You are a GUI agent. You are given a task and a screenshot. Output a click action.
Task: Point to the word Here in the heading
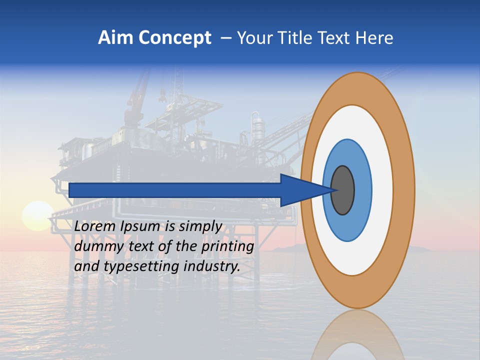(373, 38)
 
